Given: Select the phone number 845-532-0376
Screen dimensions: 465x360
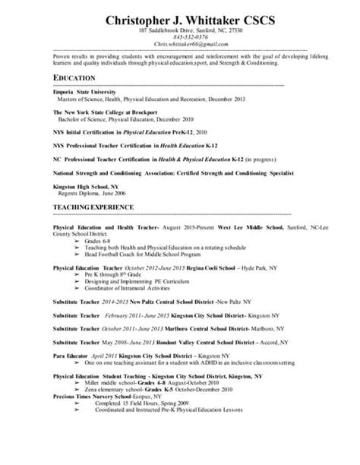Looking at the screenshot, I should coord(179,38).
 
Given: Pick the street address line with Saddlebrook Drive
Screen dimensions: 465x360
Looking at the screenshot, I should coord(179,31).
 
